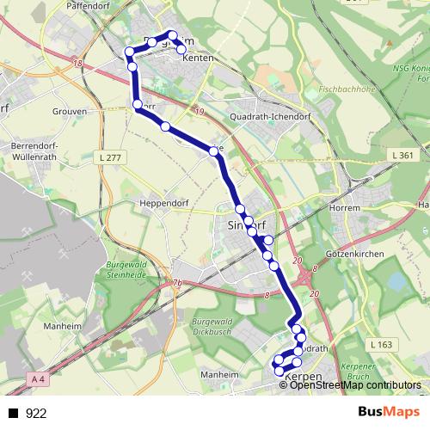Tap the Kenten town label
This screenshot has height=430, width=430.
coord(198,58)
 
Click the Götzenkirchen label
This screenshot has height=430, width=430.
coord(353,257)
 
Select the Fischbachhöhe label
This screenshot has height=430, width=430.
coord(341,88)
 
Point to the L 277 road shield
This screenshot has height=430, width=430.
coord(110,157)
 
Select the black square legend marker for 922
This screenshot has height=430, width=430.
coord(12,414)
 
